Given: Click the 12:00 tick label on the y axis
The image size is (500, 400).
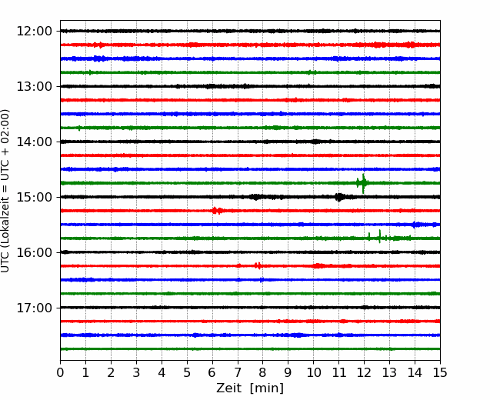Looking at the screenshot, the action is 34,32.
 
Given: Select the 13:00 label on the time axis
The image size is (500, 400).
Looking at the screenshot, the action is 34,86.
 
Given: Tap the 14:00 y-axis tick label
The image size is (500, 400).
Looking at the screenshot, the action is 34,142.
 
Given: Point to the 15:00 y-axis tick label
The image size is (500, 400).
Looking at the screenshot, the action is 34,197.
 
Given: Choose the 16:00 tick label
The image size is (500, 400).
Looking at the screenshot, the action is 34,252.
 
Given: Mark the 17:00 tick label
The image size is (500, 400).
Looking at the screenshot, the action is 34,308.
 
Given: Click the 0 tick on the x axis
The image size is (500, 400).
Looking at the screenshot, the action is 60,372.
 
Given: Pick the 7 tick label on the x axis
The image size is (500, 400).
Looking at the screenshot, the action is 238,372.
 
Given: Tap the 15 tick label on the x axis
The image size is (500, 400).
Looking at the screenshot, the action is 440,372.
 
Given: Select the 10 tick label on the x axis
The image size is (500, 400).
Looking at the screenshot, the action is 313,372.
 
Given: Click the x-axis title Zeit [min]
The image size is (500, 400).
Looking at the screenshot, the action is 250,388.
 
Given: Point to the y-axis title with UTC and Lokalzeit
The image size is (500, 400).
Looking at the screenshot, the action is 5,191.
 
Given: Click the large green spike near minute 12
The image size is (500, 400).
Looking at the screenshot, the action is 363,183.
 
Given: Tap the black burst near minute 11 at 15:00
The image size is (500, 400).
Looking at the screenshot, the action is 339,197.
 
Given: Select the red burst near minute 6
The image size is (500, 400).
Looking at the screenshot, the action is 217,211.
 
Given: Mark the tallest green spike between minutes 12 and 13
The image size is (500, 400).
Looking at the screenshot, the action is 379,236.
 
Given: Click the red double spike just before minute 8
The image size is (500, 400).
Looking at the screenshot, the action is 258,265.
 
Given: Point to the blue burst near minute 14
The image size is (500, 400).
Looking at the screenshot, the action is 415,225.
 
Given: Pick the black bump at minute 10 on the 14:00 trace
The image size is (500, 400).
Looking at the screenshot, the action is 315,142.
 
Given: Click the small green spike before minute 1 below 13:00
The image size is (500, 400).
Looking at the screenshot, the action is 79,128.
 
